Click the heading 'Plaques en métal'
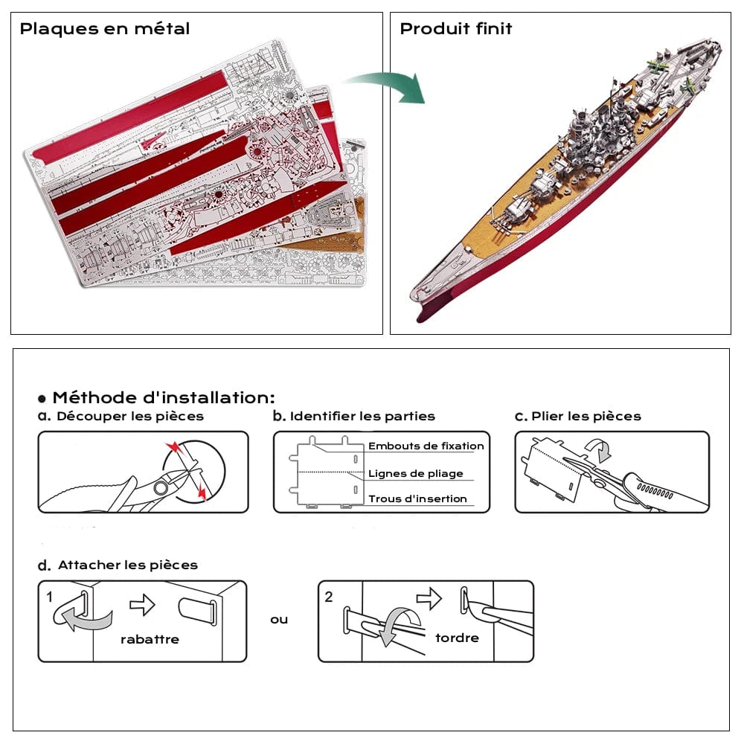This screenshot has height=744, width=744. coord(105,29)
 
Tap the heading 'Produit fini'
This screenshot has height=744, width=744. coord(456,29)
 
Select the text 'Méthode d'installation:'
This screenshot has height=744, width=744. coord(164,397)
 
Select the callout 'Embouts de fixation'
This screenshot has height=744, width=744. coord(426,446)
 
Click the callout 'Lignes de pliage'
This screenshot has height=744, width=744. coord(416,473)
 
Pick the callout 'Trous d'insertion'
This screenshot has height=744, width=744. coord(418,498)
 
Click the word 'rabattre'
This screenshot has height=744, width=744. coord(150,639)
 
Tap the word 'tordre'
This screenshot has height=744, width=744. coord(457,638)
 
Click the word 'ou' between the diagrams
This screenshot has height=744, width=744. coord(279,619)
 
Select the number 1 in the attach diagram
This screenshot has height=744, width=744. coord(49,597)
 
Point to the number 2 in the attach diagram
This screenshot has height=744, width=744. coord(329,597)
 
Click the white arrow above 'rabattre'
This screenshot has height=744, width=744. coord(142,605)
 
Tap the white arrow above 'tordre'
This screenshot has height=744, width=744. coord(429,598)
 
